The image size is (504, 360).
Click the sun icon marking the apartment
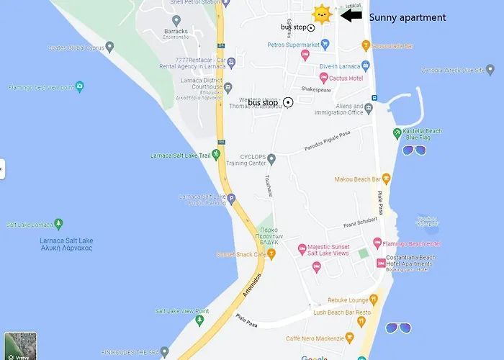321,14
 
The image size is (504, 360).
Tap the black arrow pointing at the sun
351,15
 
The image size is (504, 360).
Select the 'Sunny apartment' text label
407,17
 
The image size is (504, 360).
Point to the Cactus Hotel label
346,77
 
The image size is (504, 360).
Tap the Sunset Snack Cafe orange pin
271,253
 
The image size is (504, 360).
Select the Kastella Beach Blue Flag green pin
397,133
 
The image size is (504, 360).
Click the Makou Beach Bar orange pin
386,179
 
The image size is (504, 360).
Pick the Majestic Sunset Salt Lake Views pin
302,249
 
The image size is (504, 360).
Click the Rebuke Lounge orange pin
374,300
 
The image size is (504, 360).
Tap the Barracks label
176,31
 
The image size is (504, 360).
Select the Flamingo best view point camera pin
79,86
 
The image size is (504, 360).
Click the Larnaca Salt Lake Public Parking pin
232,199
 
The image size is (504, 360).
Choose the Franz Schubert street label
360,222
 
